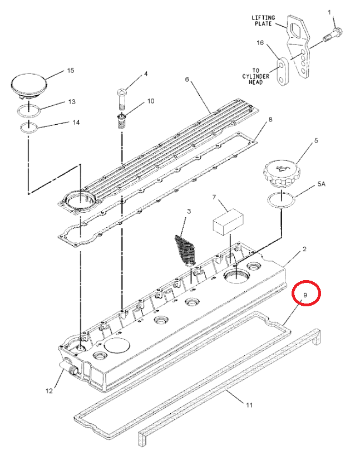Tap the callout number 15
pos(70,71)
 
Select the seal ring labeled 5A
pos(282,199)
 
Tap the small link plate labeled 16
pos(284,71)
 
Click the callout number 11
pos(249,405)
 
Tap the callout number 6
pos(187,80)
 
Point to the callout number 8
pos(270,120)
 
